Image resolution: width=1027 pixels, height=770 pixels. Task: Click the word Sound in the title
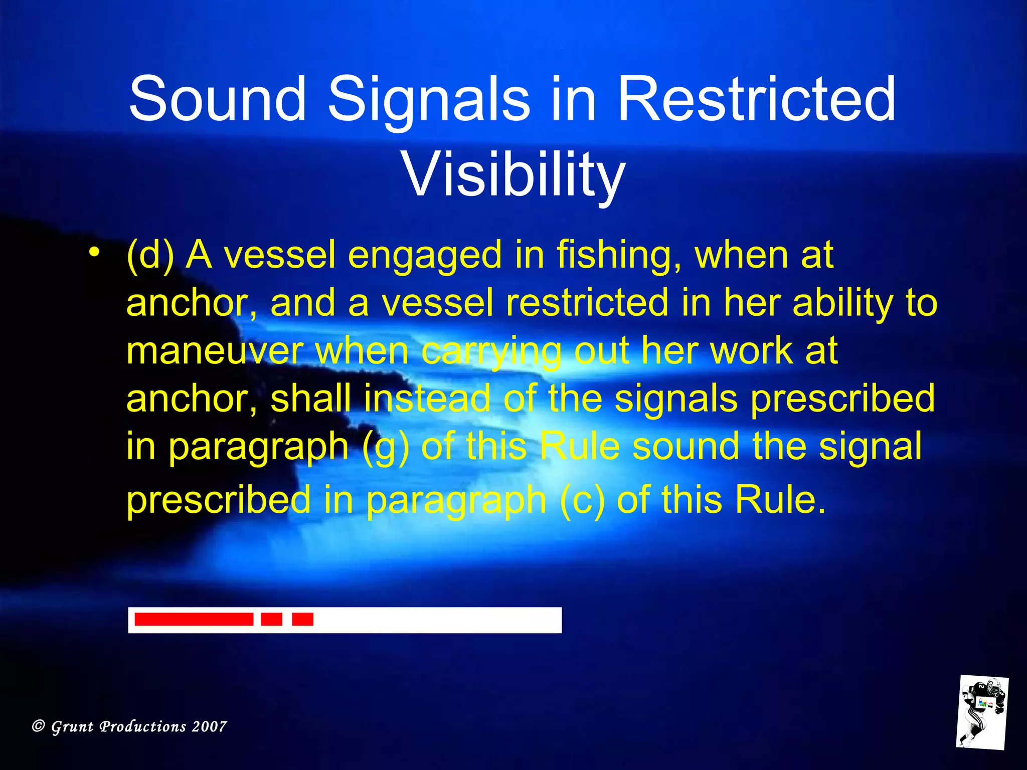pyautogui.click(x=217, y=99)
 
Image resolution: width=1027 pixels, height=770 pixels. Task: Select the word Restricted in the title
pyautogui.click(x=756, y=99)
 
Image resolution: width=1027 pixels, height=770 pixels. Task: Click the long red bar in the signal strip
pyautogui.click(x=194, y=620)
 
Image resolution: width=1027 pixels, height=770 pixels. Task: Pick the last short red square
pyautogui.click(x=302, y=620)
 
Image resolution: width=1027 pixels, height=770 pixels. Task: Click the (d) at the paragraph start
pyautogui.click(x=150, y=256)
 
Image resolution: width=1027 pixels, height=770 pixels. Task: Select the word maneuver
pyautogui.click(x=215, y=351)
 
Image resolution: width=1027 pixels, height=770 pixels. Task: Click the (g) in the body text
pyautogui.click(x=385, y=447)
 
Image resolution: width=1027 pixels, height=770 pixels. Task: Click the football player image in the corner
pyautogui.click(x=981, y=712)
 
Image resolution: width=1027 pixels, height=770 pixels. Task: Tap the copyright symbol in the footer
pyautogui.click(x=39, y=726)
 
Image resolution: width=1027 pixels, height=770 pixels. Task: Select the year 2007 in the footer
pyautogui.click(x=209, y=726)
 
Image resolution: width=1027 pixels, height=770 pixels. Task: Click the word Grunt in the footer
pyautogui.click(x=72, y=727)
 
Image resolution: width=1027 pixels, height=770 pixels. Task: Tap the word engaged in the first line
pyautogui.click(x=424, y=256)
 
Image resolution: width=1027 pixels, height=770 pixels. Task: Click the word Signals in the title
pyautogui.click(x=429, y=99)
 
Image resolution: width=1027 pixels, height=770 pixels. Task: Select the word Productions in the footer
pyautogui.click(x=143, y=726)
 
